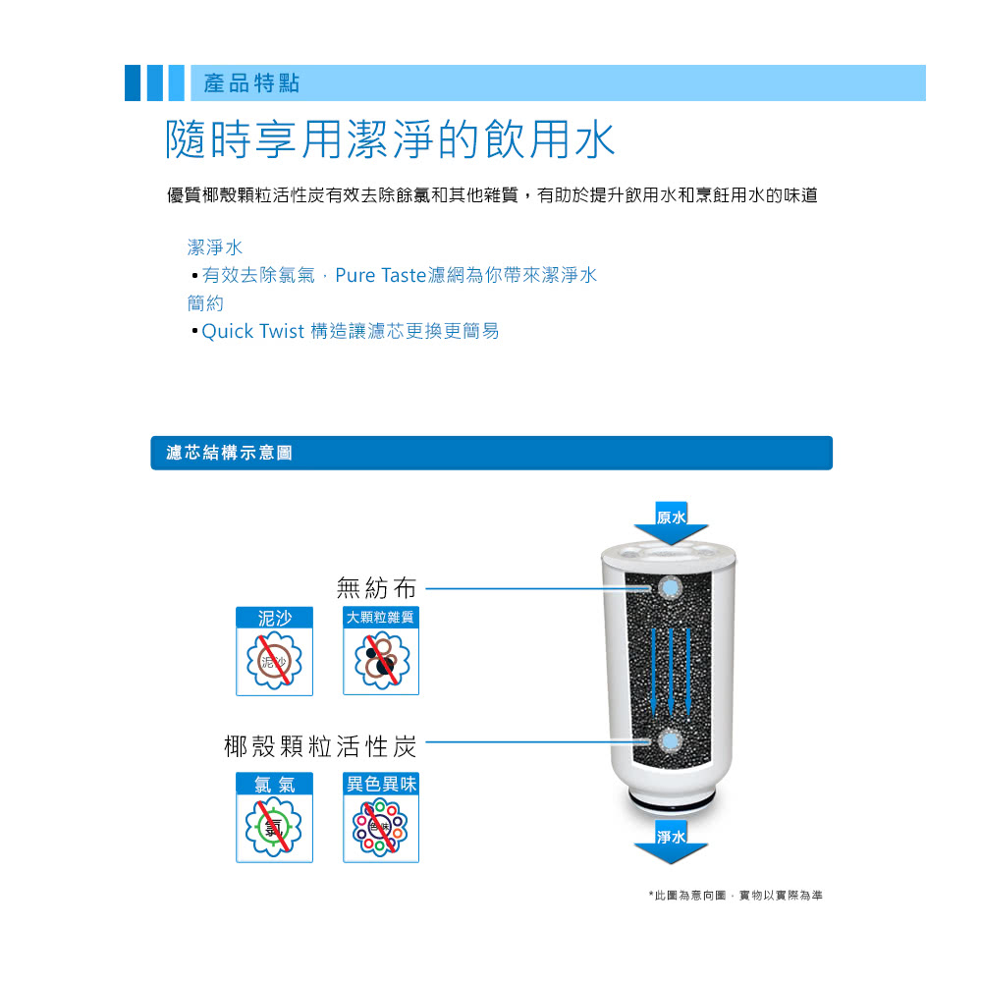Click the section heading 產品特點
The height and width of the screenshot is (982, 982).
click(x=251, y=82)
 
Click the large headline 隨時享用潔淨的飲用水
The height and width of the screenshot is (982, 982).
click(x=390, y=139)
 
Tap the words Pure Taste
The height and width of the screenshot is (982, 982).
click(x=381, y=275)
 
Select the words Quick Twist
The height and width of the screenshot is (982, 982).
click(x=253, y=331)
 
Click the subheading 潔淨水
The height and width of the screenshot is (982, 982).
click(x=215, y=247)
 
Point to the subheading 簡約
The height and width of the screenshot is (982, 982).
click(x=205, y=303)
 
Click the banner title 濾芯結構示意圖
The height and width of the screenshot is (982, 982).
click(x=229, y=453)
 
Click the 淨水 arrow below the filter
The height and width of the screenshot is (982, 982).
click(x=671, y=843)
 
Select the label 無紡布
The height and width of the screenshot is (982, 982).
click(x=376, y=588)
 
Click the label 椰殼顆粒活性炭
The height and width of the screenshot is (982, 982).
click(x=320, y=746)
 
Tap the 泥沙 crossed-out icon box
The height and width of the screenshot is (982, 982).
click(x=274, y=651)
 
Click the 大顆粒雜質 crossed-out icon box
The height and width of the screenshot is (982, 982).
click(x=381, y=651)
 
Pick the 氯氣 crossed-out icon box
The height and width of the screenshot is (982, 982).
click(x=274, y=817)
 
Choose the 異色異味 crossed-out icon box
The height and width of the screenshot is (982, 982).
click(x=381, y=817)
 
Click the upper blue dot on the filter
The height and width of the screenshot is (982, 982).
click(x=670, y=587)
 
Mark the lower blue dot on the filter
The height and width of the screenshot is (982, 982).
click(x=670, y=741)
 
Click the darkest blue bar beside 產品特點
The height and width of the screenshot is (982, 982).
click(x=133, y=82)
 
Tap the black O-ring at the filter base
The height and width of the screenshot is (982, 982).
click(x=671, y=803)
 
